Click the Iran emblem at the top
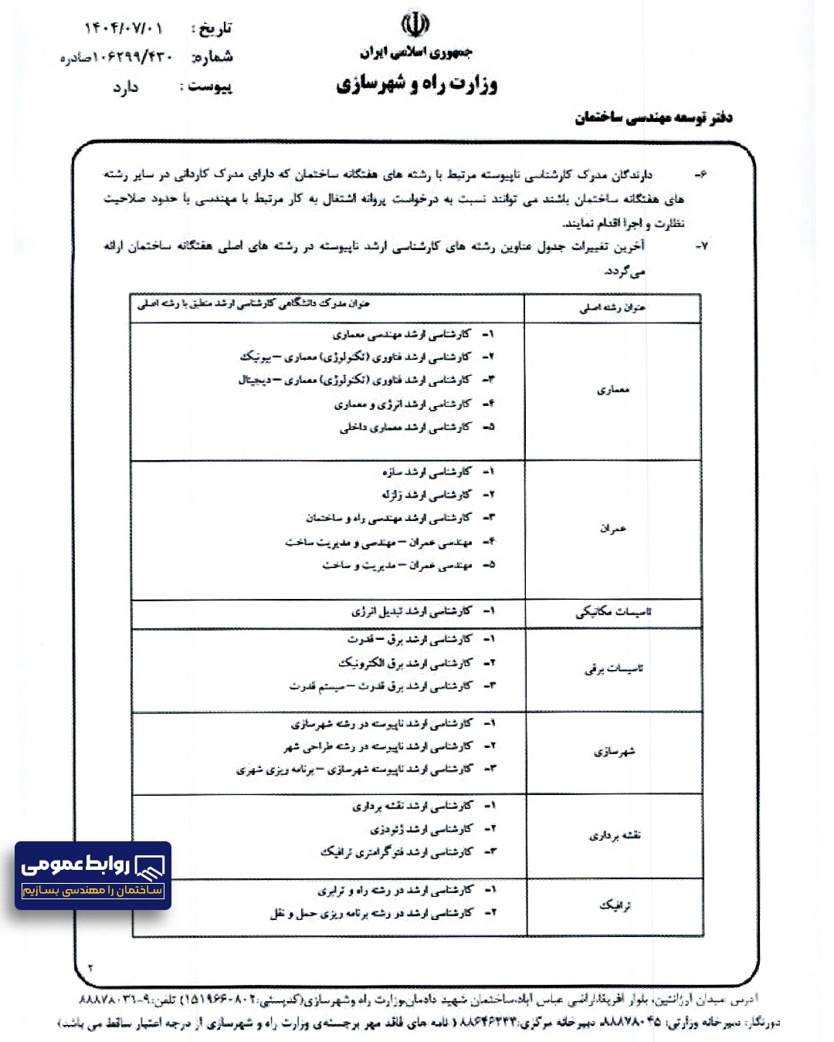click(x=415, y=25)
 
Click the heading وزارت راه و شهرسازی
click(x=416, y=83)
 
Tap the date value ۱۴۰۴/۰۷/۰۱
click(x=124, y=29)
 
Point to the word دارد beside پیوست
click(x=125, y=87)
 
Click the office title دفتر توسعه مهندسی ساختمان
click(x=653, y=117)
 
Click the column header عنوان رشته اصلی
click(x=612, y=308)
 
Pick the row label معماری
click(x=613, y=390)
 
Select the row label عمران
click(x=613, y=529)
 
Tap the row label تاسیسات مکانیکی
click(x=613, y=612)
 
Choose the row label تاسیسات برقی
click(x=613, y=668)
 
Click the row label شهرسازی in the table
click(x=614, y=751)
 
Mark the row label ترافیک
click(x=615, y=905)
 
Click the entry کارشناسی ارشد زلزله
click(x=426, y=494)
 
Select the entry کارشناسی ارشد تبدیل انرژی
click(x=412, y=611)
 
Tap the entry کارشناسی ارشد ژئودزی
click(x=422, y=829)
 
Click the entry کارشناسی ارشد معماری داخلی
click(x=405, y=427)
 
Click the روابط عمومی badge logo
click(x=93, y=875)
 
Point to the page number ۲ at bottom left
click(x=90, y=967)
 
